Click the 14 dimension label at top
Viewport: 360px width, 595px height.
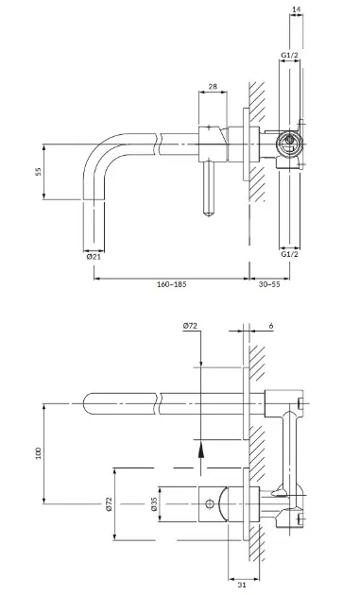coord(296,8)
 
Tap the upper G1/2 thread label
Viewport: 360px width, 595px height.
coord(289,55)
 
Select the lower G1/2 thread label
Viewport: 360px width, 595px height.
coord(289,254)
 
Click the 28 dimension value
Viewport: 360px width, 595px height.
coord(213,86)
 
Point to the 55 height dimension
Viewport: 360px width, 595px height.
coord(38,172)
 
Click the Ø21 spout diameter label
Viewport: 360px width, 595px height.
coord(94,257)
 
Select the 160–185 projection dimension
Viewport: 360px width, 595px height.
coord(172,284)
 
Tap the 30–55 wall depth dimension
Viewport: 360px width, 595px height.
coord(269,284)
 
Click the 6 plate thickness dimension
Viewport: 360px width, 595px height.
coord(271,326)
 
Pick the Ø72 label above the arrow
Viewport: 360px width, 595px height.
coord(190,326)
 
